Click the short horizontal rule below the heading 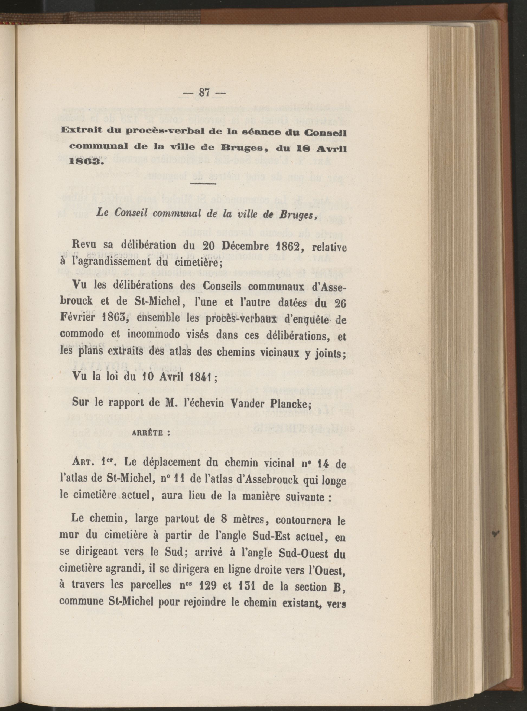pos(203,184)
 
